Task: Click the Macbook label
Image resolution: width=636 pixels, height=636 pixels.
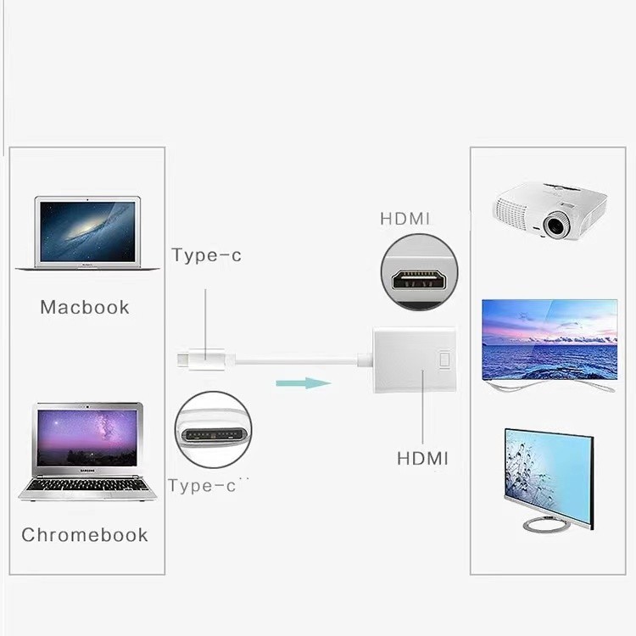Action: pos(85,307)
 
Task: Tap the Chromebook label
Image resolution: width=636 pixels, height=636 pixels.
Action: pos(85,535)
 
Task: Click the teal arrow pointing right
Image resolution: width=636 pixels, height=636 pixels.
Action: pos(302,382)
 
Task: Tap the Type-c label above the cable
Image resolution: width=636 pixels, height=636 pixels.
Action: pos(206,255)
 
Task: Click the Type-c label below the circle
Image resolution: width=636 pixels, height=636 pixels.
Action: pos(204,486)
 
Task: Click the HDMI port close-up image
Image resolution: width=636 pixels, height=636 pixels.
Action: pos(419,273)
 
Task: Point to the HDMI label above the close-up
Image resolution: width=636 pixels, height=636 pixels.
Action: pos(405,219)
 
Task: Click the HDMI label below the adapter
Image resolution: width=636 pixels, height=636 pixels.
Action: pos(422,459)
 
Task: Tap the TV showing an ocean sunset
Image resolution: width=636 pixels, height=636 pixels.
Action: pos(549,340)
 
